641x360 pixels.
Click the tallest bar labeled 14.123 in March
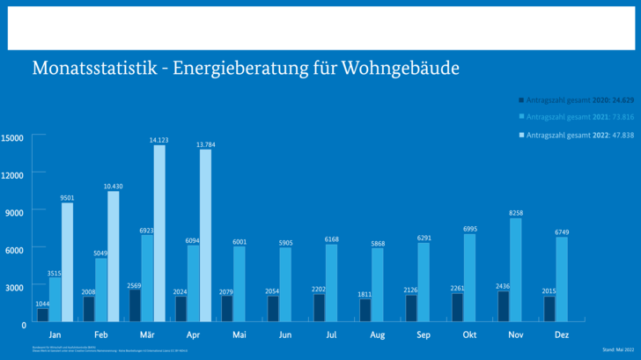(x=159, y=232)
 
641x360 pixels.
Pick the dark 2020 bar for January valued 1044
(x=43, y=314)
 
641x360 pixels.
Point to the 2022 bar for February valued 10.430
(x=114, y=255)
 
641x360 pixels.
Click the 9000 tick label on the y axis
(x=15, y=212)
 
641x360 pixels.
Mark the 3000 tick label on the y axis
(x=15, y=287)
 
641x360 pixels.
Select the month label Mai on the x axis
(x=239, y=334)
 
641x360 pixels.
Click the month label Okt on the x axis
(x=469, y=334)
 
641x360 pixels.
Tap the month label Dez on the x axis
(x=562, y=334)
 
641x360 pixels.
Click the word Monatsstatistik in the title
(x=83, y=68)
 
